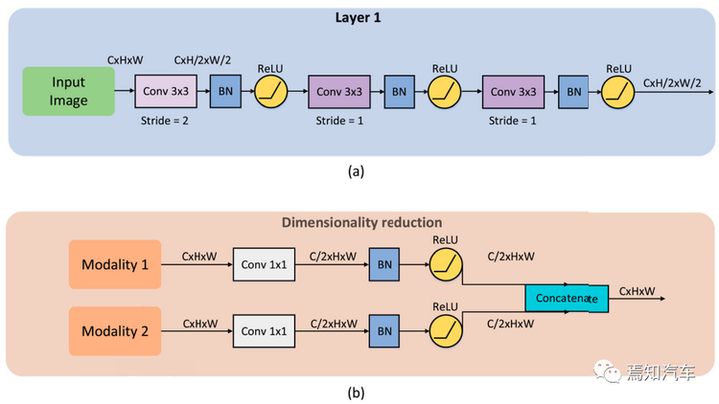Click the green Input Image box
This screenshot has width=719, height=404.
pos(68,91)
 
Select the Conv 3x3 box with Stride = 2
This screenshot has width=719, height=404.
pos(166,91)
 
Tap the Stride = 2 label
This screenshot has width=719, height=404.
pos(164,121)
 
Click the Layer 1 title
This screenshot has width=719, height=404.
pos(358,17)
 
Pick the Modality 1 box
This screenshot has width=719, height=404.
pos(115,264)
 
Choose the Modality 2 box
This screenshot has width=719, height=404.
pos(115,331)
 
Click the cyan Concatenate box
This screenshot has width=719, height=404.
pos(567,298)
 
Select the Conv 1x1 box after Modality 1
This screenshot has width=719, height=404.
pos(264,264)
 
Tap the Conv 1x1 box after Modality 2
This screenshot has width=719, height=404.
pos(264,331)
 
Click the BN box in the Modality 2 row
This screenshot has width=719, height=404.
pos(384,331)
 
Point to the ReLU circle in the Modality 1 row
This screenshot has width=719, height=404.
pos(446,265)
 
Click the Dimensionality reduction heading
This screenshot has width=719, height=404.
pos(361,222)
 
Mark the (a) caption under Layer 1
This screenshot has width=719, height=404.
pos(356,171)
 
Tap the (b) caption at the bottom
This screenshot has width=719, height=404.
pos(356,393)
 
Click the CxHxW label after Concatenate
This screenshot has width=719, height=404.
pos(637,291)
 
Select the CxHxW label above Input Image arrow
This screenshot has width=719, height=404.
pos(126,60)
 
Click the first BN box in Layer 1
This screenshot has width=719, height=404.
pos(225,91)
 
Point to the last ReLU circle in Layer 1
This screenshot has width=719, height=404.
pos(617,92)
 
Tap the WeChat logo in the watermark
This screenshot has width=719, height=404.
pos(607,371)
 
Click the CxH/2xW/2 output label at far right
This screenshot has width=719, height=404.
pos(672,83)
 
